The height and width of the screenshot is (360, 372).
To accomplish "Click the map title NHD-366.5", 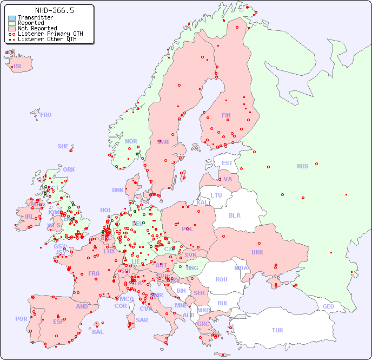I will [x=54, y=10].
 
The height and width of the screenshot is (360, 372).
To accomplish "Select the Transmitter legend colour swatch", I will [x=11, y=18].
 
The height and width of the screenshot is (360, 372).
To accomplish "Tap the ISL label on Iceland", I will [x=18, y=67].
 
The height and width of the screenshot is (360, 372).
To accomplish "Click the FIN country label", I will [x=226, y=115].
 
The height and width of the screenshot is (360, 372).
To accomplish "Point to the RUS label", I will [x=302, y=166].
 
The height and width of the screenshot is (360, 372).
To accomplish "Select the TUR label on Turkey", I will [x=277, y=330].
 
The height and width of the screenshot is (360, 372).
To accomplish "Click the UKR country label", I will [x=257, y=252].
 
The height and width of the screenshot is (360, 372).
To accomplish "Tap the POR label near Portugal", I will [x=21, y=319].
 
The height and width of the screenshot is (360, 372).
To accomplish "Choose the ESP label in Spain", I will [x=58, y=321].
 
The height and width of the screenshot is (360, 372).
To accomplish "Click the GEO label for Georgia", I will [x=328, y=306].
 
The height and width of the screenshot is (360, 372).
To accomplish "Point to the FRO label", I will [x=46, y=115].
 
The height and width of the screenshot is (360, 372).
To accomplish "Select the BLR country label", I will [x=235, y=215].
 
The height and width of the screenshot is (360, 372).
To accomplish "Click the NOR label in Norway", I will [x=131, y=141].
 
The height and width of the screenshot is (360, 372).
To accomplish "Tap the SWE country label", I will [x=163, y=142].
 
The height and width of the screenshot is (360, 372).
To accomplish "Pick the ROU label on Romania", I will [x=221, y=279].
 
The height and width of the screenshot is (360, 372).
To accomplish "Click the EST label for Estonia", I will [x=227, y=163].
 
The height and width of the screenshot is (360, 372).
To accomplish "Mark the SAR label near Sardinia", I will [x=142, y=320].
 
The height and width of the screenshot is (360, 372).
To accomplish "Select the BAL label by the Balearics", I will [x=98, y=332].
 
